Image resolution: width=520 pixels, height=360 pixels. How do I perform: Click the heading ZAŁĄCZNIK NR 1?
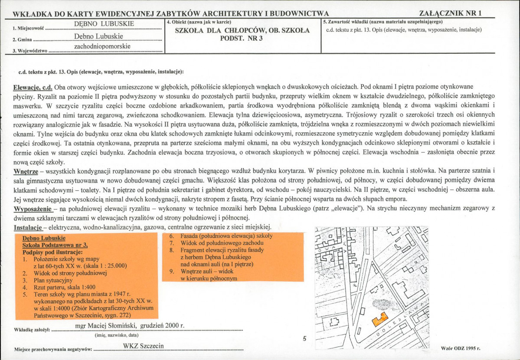[x=451, y=13]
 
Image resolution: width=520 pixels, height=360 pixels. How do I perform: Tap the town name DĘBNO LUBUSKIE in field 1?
[x=104, y=23]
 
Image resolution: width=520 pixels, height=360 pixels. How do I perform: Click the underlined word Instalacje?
[x=28, y=227]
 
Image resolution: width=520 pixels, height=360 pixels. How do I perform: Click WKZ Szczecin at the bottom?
[x=144, y=345]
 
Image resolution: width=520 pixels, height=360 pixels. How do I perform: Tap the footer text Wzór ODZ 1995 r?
[x=460, y=348]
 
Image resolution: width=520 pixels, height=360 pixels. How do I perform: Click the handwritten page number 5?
[x=304, y=339]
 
